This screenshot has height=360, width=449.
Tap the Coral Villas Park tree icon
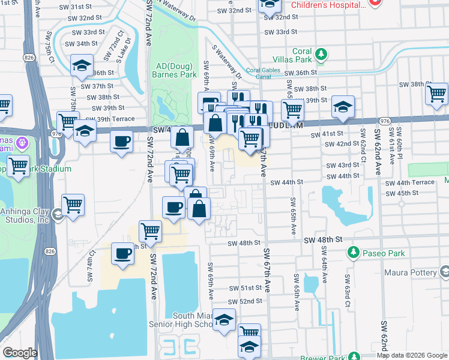(321, 55)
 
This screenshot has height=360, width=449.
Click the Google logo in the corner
(20, 353)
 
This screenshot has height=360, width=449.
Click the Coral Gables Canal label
(264, 73)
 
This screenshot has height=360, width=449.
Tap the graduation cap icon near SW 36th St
(81, 66)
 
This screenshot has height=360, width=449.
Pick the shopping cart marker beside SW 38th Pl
(436, 93)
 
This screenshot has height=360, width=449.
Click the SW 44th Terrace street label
(410, 182)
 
